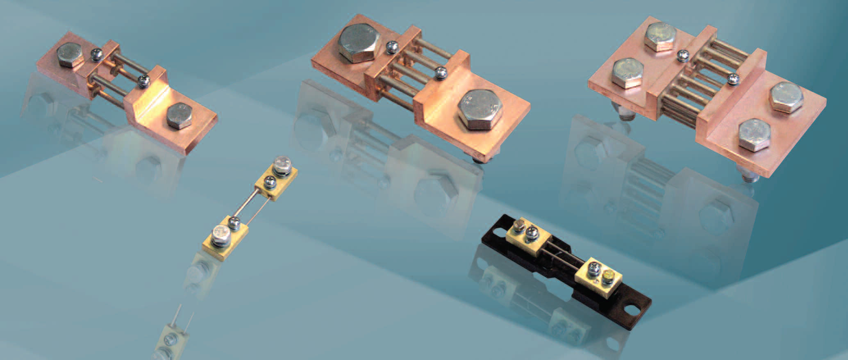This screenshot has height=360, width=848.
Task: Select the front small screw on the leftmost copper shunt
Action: tap(143, 81)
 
